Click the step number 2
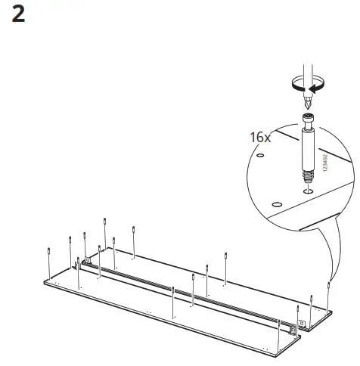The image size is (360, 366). point(20,14)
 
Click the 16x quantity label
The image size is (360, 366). point(259,138)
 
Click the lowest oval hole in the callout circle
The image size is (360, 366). point(277,204)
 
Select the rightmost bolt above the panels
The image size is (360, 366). point(329,289)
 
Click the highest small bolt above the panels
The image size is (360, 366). point(104,222)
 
